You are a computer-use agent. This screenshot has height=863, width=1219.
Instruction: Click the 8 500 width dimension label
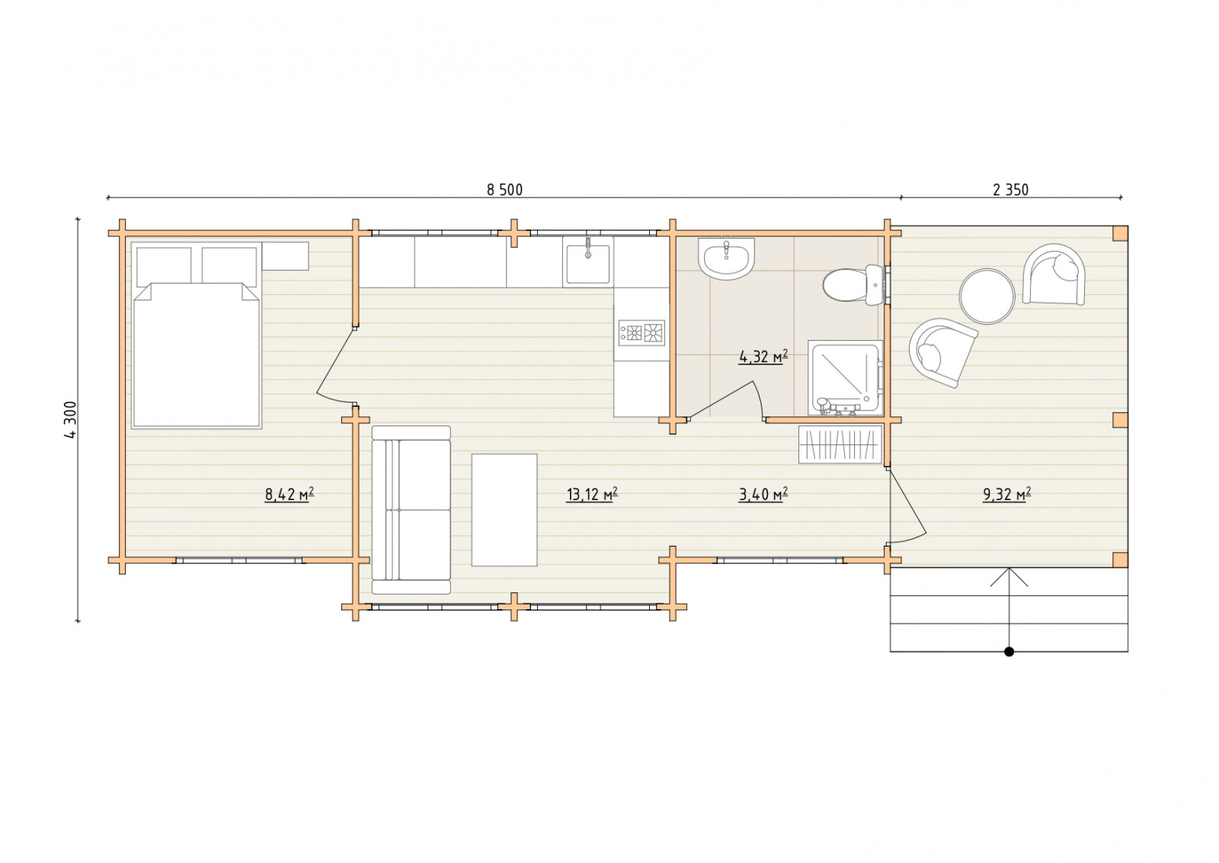504,190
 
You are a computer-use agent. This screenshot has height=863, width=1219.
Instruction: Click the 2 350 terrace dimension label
1010,190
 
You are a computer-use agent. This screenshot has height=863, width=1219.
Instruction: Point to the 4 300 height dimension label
71,419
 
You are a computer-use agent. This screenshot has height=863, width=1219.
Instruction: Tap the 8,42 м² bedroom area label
289,494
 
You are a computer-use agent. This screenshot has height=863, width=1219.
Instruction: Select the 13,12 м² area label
591,494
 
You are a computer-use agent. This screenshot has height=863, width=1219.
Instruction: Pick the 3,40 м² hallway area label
763,494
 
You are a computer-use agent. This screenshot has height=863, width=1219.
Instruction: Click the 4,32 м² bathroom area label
763,358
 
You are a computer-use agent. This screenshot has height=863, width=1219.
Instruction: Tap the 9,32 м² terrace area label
1006,494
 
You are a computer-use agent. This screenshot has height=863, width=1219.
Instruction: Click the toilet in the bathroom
853,285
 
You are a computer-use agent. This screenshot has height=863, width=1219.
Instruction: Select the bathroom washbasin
726,258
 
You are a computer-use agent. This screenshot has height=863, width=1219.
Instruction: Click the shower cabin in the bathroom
845,378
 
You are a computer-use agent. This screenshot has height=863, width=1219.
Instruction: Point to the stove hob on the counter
641,332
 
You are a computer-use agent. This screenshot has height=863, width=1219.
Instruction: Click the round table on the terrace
987,297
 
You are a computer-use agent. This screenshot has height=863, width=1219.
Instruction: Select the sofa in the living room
411,509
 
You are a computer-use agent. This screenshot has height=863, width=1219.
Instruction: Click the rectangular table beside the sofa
504,510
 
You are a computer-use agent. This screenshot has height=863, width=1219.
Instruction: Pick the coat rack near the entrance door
840,444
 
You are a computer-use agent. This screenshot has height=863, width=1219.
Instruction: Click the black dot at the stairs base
1009,651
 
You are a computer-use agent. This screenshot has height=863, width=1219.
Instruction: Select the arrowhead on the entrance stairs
1009,576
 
